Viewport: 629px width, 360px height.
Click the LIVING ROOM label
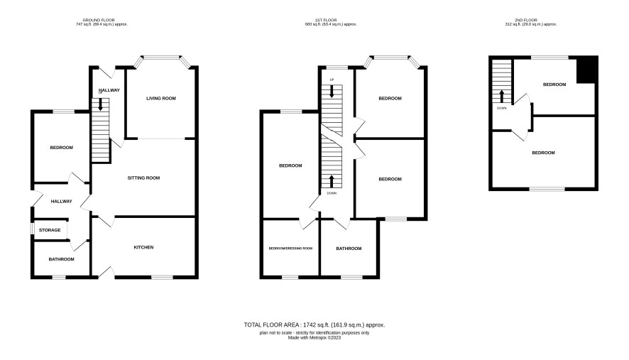click(161, 98)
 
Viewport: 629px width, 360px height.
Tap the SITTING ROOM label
click(143, 178)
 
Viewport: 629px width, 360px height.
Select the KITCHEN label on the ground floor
click(143, 247)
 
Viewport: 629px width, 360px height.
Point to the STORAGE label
click(50, 230)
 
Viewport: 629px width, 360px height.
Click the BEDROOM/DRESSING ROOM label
click(290, 249)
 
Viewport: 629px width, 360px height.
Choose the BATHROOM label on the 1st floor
click(349, 249)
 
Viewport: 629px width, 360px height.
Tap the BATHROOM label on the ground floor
click(61, 259)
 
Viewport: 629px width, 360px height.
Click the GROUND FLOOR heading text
click(99, 20)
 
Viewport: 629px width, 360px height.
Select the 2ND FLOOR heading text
click(526, 20)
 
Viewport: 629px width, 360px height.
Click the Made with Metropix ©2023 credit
click(314, 337)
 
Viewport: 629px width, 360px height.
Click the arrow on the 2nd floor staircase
click(501, 97)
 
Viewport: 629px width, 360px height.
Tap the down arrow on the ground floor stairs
click(100, 104)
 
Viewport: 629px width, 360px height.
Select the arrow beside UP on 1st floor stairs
click(332, 91)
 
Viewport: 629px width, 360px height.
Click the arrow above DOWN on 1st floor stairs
click(332, 181)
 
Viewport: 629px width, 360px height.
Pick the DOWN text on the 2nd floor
click(501, 108)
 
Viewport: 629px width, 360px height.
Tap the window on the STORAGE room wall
click(32, 228)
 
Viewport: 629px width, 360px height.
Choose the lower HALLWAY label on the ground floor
click(61, 201)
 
